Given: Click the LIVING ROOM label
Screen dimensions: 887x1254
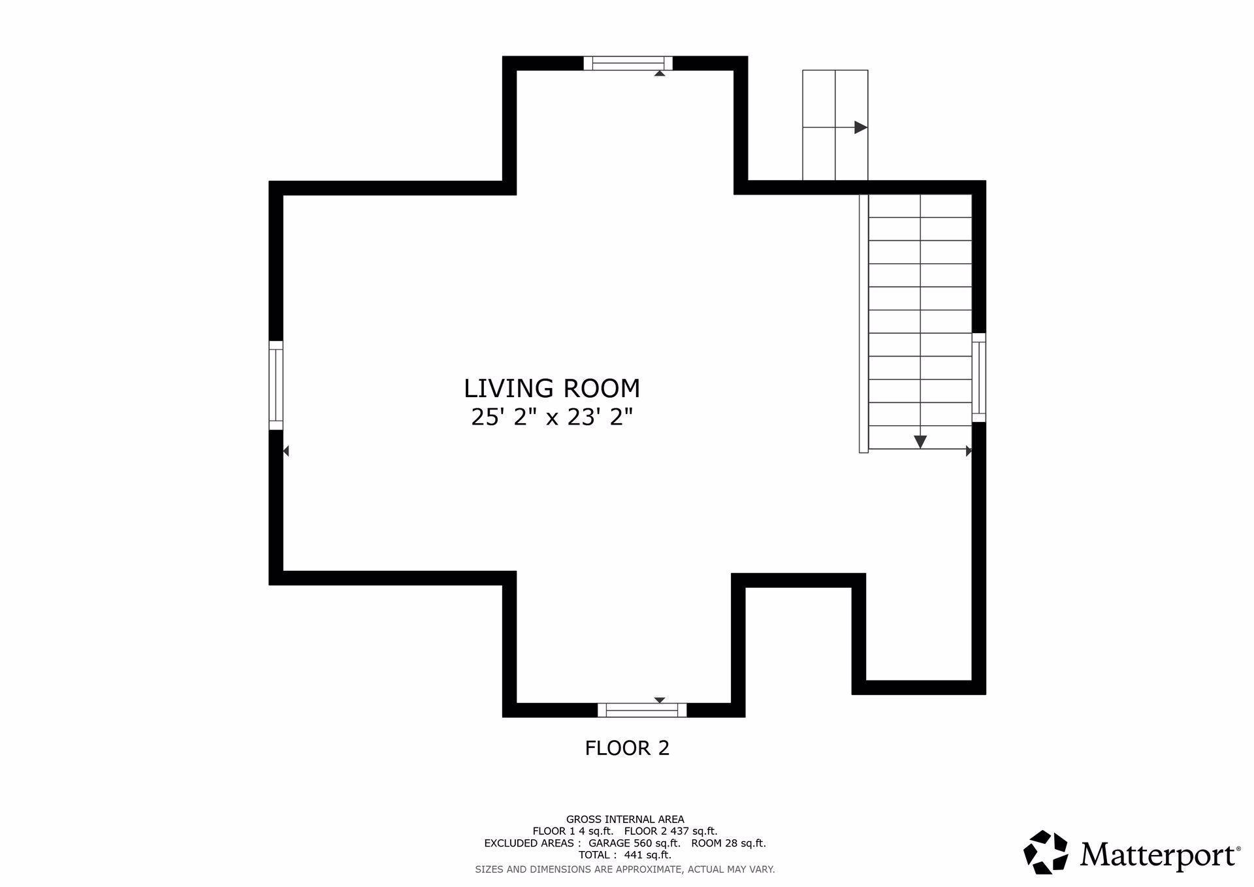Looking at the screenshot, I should click(552, 389).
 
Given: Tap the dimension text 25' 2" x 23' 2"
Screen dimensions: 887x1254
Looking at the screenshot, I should click(552, 417).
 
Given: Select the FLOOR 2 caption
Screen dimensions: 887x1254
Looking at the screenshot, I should click(627, 748).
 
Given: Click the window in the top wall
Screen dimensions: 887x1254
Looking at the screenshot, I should click(628, 63).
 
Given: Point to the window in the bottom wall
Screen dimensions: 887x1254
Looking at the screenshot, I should click(642, 710).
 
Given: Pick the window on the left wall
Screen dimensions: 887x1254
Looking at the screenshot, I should click(276, 385).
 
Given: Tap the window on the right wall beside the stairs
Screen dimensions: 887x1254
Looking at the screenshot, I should click(978, 378).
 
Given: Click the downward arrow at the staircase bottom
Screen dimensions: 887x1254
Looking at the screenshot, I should click(920, 442).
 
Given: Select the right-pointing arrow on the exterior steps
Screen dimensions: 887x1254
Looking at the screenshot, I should click(860, 127).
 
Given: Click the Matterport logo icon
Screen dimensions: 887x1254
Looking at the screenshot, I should click(1045, 852).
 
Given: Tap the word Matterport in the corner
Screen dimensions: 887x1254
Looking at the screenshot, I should click(1159, 854).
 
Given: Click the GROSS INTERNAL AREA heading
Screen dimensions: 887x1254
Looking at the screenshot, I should click(625, 819).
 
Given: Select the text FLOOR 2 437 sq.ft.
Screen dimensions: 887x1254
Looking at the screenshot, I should click(671, 831).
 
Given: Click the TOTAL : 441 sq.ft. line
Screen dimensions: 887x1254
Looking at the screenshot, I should click(625, 855).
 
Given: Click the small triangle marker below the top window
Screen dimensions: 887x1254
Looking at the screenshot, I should click(660, 74).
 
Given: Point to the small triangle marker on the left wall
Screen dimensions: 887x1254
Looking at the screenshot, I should click(286, 451).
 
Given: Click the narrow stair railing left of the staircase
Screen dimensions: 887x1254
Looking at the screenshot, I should click(863, 323).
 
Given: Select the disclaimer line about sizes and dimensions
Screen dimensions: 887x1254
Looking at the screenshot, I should click(625, 869).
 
